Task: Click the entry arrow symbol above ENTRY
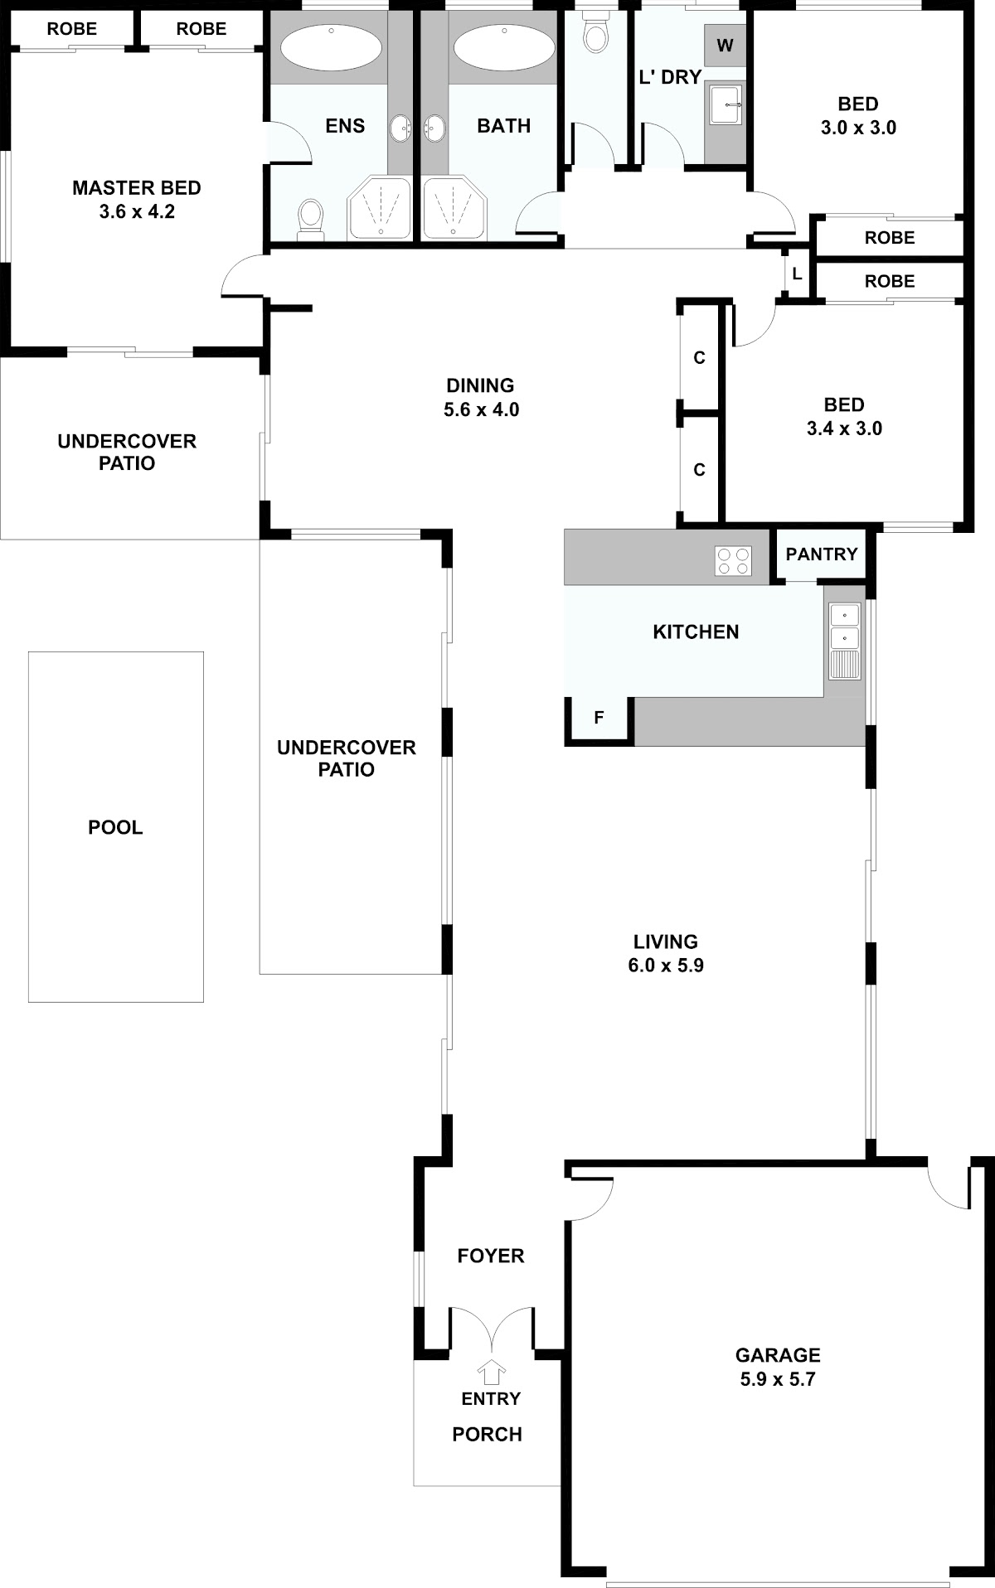(493, 1372)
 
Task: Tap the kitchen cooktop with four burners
(733, 560)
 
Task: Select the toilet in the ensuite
(310, 219)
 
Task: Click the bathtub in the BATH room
(503, 47)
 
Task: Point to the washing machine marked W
(726, 46)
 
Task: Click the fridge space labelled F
(599, 718)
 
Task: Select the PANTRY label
(822, 554)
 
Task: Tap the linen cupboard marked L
(797, 273)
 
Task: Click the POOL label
(115, 827)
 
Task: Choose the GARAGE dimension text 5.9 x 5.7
(778, 1379)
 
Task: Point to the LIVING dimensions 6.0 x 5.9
(666, 965)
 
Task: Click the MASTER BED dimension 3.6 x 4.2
(137, 211)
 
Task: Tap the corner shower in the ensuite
(379, 208)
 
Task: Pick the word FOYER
(491, 1256)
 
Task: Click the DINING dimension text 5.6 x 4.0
(481, 409)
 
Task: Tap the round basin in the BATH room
(434, 128)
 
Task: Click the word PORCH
(488, 1435)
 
